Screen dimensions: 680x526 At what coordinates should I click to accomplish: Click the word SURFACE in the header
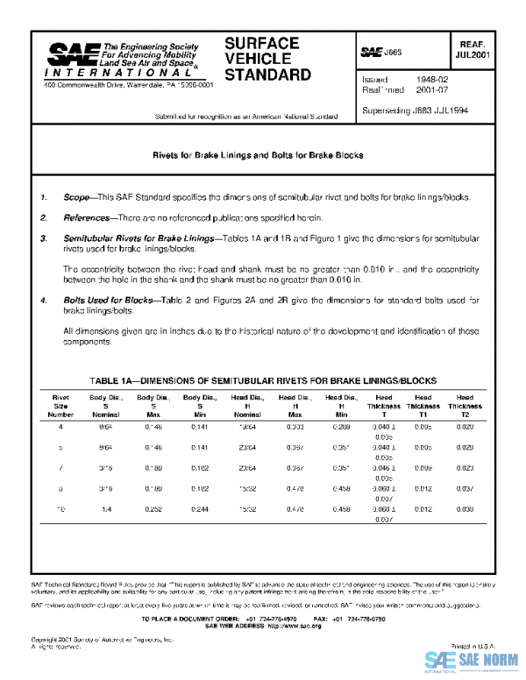pyautogui.click(x=262, y=44)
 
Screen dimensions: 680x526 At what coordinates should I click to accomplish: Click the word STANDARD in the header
pyautogui.click(x=267, y=75)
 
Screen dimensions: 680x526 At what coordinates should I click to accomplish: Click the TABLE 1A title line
pyautogui.click(x=264, y=380)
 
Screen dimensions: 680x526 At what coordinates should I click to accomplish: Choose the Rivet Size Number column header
pyautogui.click(x=60, y=406)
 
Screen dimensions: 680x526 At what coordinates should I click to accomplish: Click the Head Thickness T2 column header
pyautogui.click(x=465, y=406)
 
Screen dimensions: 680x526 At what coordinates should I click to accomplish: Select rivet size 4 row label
pyautogui.click(x=60, y=426)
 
